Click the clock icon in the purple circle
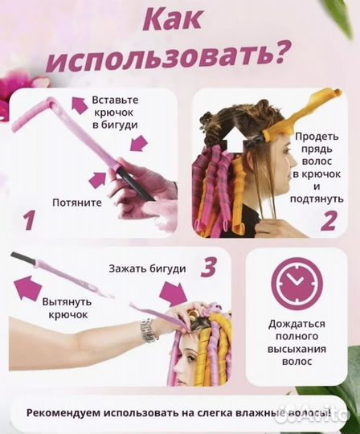[297, 284]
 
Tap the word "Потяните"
[76, 203]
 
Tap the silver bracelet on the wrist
[149, 329]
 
